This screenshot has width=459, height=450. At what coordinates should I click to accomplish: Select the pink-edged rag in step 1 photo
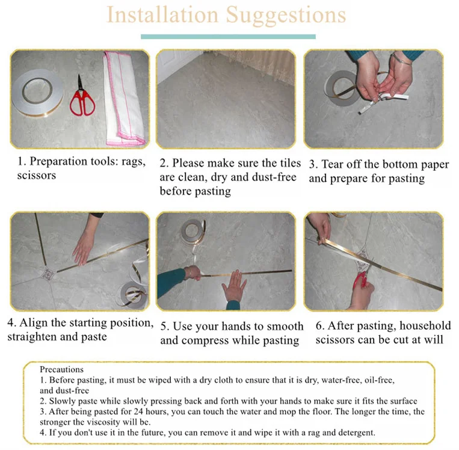[124, 99]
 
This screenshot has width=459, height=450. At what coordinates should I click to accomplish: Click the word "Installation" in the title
[162, 14]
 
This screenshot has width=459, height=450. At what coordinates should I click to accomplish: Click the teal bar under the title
[228, 37]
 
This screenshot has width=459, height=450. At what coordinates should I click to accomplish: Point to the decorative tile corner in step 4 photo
[48, 274]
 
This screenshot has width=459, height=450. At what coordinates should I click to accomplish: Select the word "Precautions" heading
[61, 369]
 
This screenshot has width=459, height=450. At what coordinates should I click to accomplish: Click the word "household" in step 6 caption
[425, 325]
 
